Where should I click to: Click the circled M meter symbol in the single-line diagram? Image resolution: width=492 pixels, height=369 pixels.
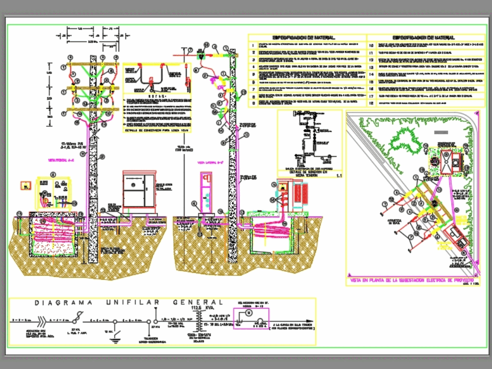coord(248,313)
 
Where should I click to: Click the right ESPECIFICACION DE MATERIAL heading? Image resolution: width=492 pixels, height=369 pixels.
coord(423,38)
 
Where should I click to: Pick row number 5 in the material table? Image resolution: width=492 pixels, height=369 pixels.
coord(253,75)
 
